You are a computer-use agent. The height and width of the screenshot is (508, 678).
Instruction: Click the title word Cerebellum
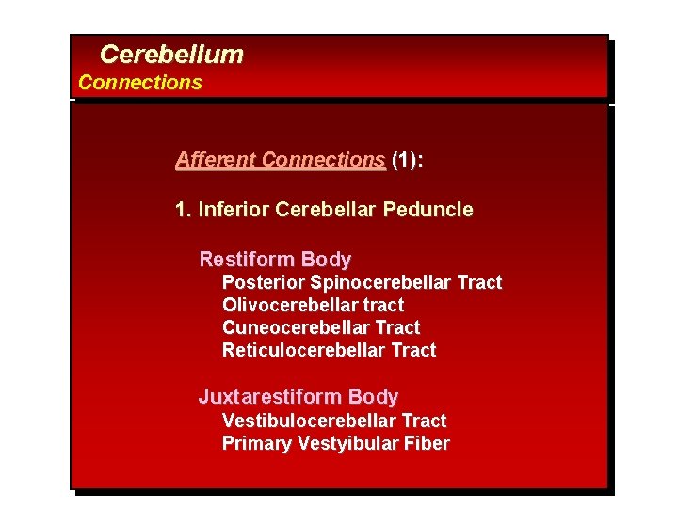[170, 55]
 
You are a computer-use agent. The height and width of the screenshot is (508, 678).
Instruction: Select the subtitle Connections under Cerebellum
[139, 83]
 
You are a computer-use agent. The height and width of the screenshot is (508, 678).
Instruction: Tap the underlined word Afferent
[216, 160]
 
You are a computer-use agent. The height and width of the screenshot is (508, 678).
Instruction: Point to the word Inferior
[234, 210]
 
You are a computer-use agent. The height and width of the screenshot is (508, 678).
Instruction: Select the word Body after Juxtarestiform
[373, 397]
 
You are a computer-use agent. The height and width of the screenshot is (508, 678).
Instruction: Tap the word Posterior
[264, 283]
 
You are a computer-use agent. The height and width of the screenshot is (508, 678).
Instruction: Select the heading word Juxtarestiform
[270, 397]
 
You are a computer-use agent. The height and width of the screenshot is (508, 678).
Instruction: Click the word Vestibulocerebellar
[309, 421]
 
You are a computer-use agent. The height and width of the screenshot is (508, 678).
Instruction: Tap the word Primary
[257, 444]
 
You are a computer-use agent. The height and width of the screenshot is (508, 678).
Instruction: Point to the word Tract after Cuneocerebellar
[397, 328]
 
